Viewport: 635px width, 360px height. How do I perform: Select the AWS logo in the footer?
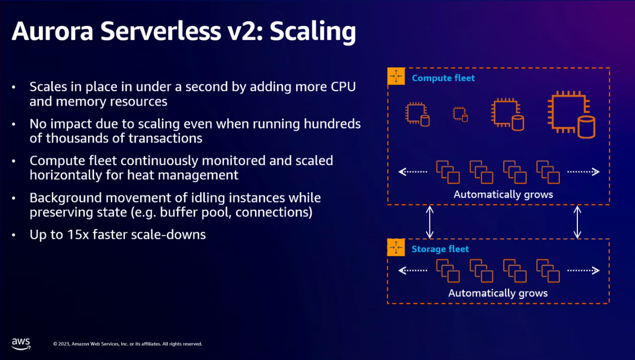point(21,344)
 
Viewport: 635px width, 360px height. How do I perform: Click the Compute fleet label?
point(443,78)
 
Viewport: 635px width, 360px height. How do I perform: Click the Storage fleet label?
point(440,249)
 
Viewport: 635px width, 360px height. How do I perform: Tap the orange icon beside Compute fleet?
point(396,77)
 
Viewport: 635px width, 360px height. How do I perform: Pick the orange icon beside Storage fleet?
point(396,248)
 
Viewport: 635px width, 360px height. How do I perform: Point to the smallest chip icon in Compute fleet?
point(460,114)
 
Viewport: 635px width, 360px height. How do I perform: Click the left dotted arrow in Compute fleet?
point(413,172)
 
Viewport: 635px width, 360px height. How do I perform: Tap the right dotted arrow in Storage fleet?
point(583,270)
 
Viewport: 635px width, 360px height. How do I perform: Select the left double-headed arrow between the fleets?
point(430,222)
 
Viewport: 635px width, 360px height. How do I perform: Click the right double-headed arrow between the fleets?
point(577,222)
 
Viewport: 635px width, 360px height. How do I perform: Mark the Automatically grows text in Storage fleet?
point(498,293)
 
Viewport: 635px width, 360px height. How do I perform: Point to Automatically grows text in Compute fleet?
point(503,194)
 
